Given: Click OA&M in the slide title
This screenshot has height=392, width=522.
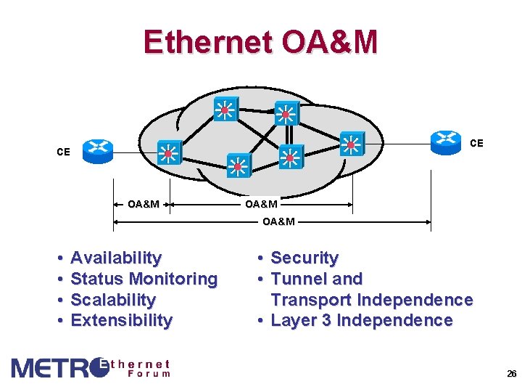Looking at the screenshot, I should [329, 42].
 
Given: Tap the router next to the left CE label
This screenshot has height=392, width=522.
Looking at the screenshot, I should [97, 150].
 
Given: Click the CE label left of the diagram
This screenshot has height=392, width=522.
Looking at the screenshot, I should [64, 152].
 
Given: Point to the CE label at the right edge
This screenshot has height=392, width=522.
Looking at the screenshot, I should [476, 144].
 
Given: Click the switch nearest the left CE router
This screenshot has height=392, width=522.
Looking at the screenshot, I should [169, 153].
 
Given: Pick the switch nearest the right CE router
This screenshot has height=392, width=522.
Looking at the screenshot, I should [352, 144].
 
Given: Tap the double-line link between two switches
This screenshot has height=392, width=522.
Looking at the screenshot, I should [287, 134].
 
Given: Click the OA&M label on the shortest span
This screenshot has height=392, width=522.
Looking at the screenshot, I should [144, 204].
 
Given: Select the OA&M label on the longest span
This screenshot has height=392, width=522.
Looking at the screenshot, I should [278, 221].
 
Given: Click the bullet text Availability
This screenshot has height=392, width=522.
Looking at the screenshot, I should [116, 258].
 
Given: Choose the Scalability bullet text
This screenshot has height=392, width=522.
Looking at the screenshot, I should [113, 300].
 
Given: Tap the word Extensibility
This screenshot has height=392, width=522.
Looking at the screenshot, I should [121, 321].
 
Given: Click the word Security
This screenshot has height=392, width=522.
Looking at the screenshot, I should [304, 258].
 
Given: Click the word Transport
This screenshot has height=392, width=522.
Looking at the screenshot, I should [312, 300].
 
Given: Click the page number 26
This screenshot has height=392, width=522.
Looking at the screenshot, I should [511, 374].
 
